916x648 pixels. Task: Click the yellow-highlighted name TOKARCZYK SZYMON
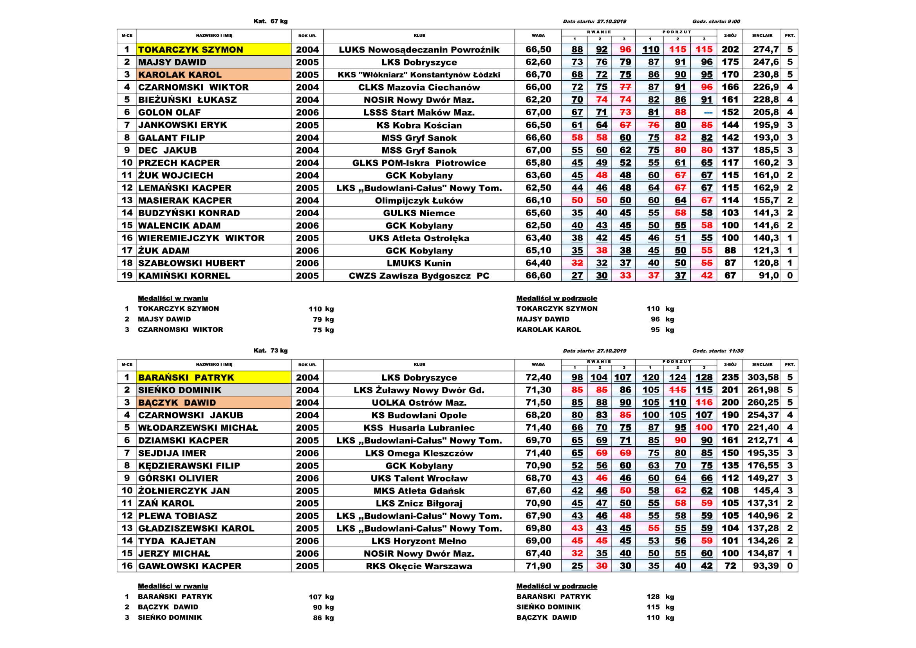click(x=190, y=49)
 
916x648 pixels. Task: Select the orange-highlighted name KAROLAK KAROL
click(x=179, y=74)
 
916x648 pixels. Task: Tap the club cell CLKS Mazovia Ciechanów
click(x=419, y=87)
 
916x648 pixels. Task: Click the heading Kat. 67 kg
click(x=271, y=21)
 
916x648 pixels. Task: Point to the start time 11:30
click(x=736, y=351)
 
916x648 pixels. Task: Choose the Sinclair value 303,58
click(x=763, y=377)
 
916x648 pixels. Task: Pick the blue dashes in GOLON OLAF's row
click(x=708, y=112)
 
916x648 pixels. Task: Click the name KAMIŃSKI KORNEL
click(x=184, y=276)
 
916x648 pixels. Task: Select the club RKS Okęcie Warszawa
click(x=419, y=566)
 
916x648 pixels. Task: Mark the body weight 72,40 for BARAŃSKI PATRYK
click(x=538, y=377)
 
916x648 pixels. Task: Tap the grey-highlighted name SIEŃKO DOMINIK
click(x=179, y=390)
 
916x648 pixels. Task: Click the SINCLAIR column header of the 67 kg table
click(x=762, y=36)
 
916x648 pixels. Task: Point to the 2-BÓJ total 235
click(x=730, y=377)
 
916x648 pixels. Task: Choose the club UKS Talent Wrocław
click(x=419, y=478)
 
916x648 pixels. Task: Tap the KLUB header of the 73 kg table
click(x=419, y=364)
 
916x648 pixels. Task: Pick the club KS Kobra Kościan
click(x=419, y=125)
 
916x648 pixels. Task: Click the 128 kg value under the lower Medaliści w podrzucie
click(x=653, y=597)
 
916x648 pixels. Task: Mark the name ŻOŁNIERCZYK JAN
click(x=184, y=491)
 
